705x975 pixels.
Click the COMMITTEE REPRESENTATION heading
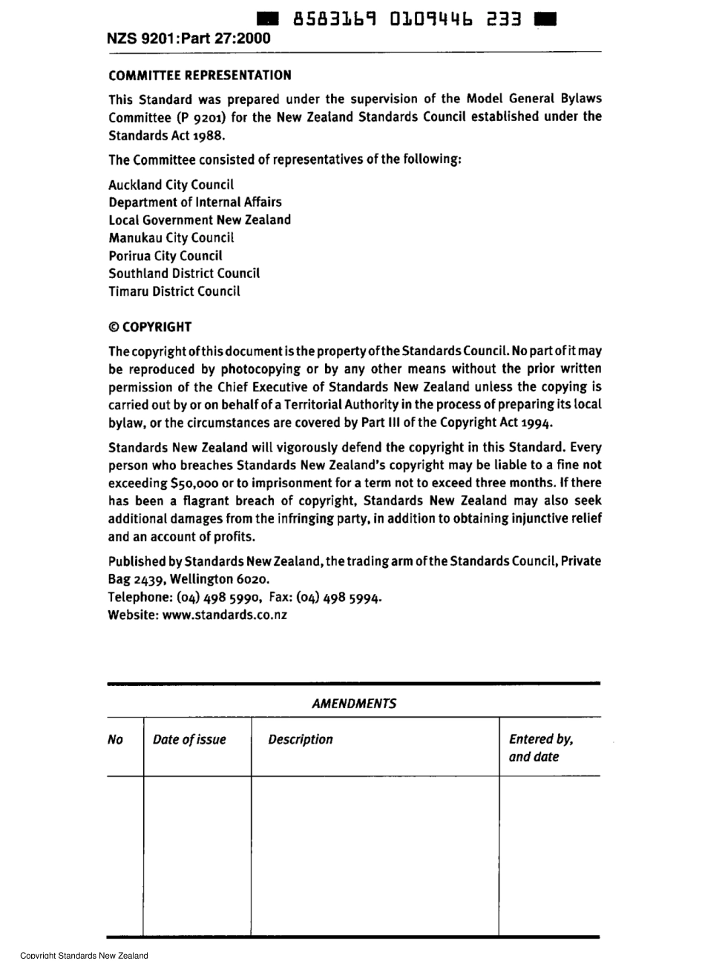point(200,75)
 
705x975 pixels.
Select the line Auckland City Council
point(171,185)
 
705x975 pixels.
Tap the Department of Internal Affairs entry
point(194,202)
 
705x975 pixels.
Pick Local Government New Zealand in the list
point(200,219)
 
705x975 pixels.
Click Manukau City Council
point(171,238)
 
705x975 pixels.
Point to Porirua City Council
point(165,256)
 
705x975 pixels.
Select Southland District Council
point(184,274)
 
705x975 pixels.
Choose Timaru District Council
point(174,291)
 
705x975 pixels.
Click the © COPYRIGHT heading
point(150,327)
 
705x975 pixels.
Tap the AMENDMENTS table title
point(354,704)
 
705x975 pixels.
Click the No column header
point(116,739)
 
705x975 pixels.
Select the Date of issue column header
point(189,739)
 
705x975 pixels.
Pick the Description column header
point(301,739)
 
